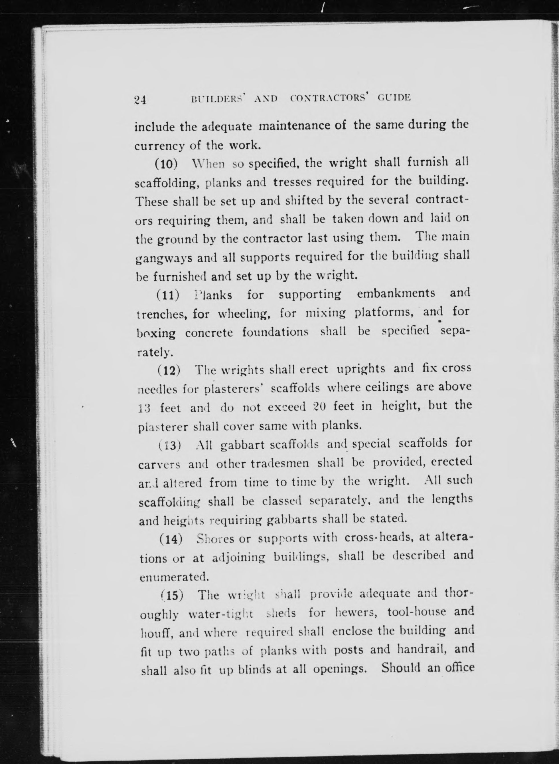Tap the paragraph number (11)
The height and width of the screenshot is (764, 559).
(167, 295)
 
